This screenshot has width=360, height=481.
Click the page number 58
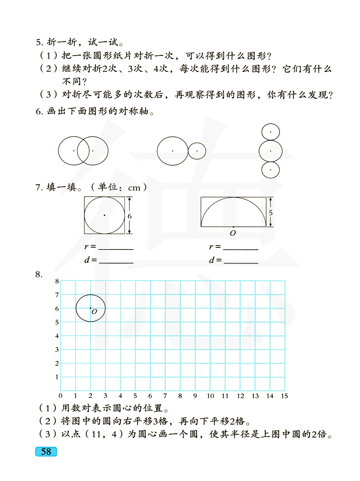click(x=46, y=451)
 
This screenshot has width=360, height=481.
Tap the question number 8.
click(x=39, y=275)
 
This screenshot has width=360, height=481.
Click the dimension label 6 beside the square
click(x=130, y=216)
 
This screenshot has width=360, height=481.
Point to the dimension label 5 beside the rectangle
click(x=271, y=213)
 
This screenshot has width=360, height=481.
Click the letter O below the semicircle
click(x=233, y=233)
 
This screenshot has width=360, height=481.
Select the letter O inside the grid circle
click(x=94, y=312)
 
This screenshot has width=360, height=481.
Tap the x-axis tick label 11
click(x=225, y=396)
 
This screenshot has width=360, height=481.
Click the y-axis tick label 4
click(x=57, y=336)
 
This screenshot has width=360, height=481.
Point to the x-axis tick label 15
click(x=284, y=396)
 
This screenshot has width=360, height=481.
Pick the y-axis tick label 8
click(x=57, y=281)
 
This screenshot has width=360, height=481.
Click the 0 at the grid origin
click(x=60, y=396)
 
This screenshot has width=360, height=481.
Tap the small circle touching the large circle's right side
click(x=197, y=151)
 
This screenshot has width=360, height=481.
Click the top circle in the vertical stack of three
click(x=271, y=132)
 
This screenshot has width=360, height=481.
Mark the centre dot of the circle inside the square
click(x=104, y=215)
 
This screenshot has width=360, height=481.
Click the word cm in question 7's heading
click(x=134, y=188)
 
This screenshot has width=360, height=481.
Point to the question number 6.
click(x=39, y=112)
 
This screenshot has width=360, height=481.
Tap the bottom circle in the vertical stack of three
click(x=271, y=170)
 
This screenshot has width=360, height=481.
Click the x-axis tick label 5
click(x=135, y=396)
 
